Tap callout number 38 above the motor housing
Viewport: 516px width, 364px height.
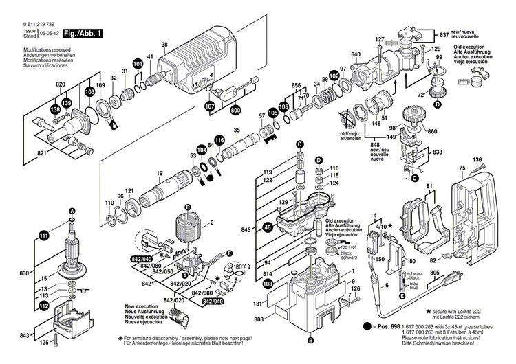click(x=164, y=45)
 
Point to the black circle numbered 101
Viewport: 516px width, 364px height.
click(x=138, y=64)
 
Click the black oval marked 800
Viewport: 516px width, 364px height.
click(x=235, y=109)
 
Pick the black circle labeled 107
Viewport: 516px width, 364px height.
click(x=209, y=106)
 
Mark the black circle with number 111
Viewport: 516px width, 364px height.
click(x=44, y=236)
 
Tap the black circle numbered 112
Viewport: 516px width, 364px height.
click(x=44, y=306)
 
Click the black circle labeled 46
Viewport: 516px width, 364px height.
click(x=268, y=225)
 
